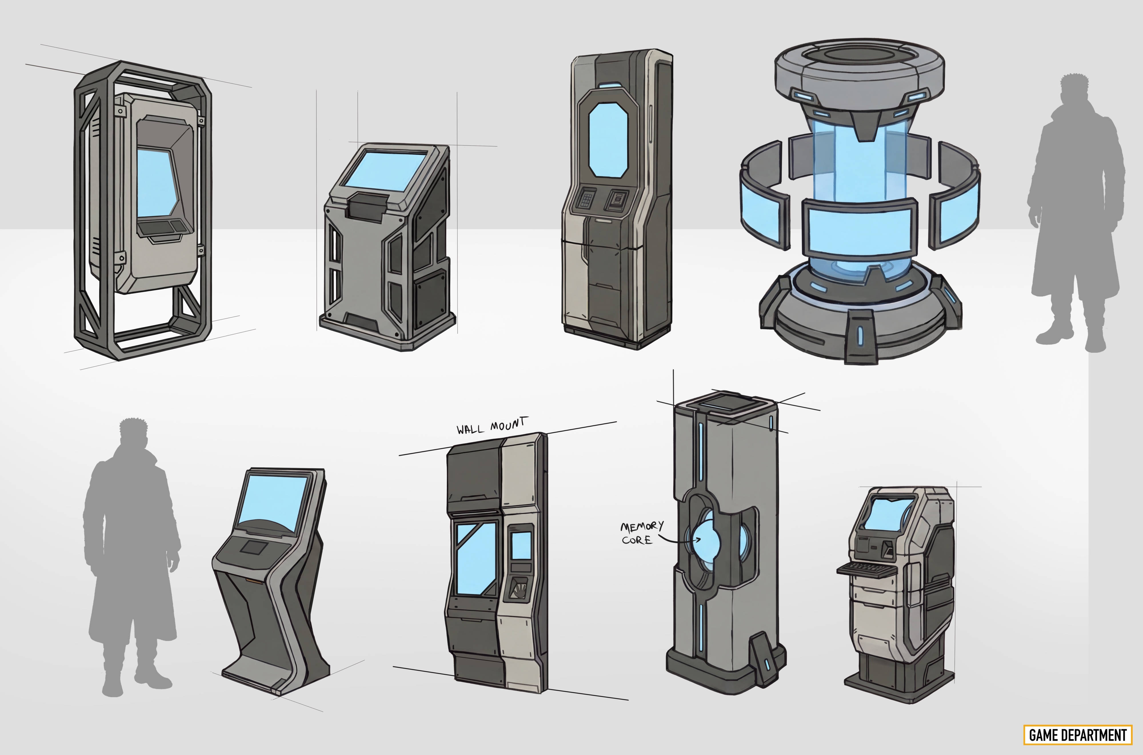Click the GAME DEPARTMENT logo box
(x=1078, y=735)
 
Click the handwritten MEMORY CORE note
(x=641, y=532)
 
